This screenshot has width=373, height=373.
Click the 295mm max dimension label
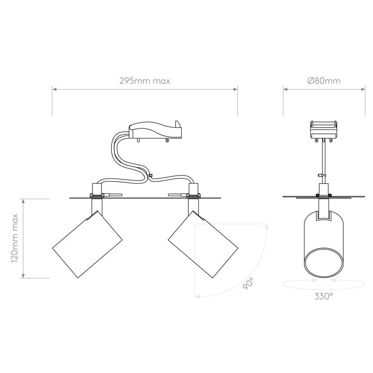145,81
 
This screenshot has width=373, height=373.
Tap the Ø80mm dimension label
324,81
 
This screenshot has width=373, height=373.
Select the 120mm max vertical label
15,238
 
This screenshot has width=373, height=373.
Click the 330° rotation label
323,296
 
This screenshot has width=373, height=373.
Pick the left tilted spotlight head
87,244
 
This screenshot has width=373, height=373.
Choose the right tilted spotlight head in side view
203,244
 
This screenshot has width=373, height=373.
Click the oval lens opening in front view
324,263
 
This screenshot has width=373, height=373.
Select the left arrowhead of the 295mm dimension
54,89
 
